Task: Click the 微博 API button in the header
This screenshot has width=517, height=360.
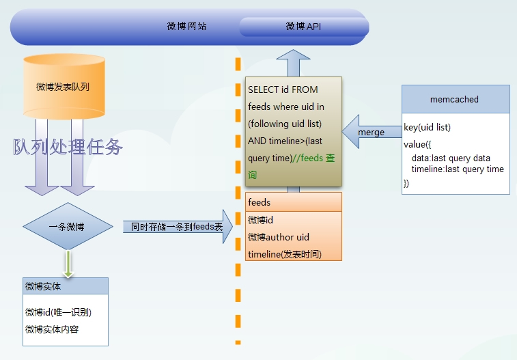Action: [303, 27]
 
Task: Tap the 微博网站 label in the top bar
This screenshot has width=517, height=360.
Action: [186, 27]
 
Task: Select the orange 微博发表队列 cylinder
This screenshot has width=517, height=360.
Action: [64, 87]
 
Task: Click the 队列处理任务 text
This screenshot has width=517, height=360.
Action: [68, 146]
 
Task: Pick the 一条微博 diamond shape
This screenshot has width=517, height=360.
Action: [67, 227]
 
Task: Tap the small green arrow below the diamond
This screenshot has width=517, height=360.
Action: [68, 263]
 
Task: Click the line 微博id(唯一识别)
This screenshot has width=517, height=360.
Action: [58, 312]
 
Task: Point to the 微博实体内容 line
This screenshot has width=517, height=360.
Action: [57, 329]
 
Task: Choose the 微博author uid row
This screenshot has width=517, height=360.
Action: [279, 237]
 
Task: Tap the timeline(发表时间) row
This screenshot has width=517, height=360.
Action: [285, 254]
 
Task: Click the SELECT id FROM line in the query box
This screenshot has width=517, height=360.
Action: [283, 89]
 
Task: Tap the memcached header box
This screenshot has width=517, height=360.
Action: [455, 99]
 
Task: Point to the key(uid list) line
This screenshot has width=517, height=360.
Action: [428, 128]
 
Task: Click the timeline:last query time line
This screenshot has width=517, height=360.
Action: [458, 169]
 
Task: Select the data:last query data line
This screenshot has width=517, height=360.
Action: [451, 158]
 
